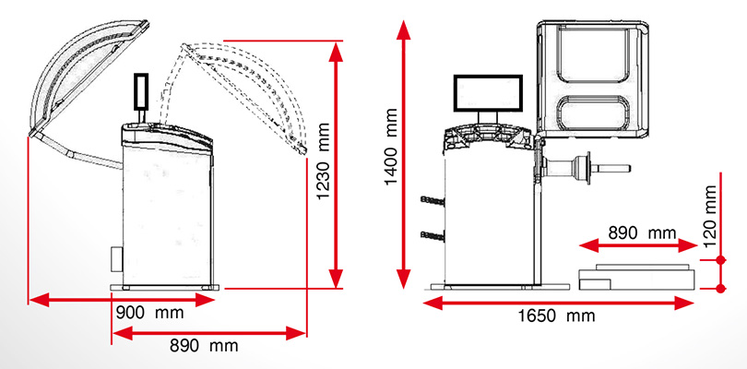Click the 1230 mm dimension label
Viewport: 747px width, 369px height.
(x=324, y=162)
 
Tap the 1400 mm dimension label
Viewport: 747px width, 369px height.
(x=391, y=147)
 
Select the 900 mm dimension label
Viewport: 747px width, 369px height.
(x=149, y=314)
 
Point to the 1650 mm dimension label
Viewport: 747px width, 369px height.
(x=557, y=315)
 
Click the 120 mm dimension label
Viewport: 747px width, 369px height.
(x=710, y=216)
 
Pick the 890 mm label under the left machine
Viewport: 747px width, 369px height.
(x=204, y=346)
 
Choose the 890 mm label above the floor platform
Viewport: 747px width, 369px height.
(x=642, y=232)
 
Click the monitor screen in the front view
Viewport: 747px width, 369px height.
(x=488, y=93)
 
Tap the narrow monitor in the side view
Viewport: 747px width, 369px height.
(x=141, y=90)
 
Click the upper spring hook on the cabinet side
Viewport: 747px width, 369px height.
(x=433, y=201)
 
